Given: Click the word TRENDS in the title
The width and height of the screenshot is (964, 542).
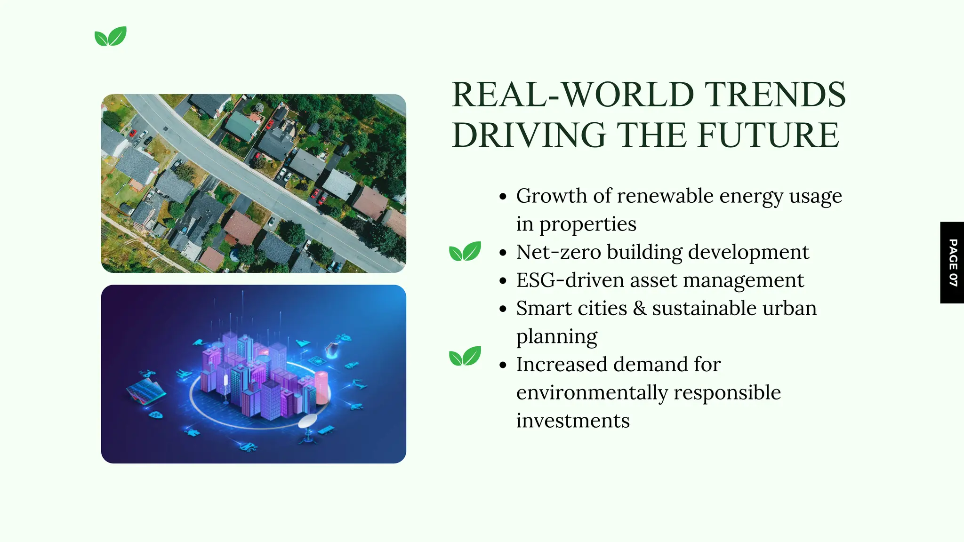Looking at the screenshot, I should pyautogui.click(x=774, y=95).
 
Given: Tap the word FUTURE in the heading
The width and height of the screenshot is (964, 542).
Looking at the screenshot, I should pyautogui.click(x=768, y=135).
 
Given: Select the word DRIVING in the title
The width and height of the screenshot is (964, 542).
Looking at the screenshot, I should pyautogui.click(x=529, y=135).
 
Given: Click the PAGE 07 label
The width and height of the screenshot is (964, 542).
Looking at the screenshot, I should pyautogui.click(x=952, y=263).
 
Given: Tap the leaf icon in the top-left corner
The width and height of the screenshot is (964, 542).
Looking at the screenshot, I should pyautogui.click(x=111, y=36).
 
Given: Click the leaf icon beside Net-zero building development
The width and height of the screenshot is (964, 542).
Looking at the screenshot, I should pyautogui.click(x=465, y=251).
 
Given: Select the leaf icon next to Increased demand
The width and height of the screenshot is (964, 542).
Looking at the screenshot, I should pyautogui.click(x=465, y=356).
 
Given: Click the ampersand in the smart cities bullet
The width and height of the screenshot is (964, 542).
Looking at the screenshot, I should pyautogui.click(x=639, y=309).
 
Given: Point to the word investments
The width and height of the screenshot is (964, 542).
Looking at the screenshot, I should pyautogui.click(x=573, y=421).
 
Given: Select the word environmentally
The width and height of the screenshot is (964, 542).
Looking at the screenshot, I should pyautogui.click(x=592, y=393).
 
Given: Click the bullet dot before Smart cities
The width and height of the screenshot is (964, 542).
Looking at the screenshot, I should pyautogui.click(x=503, y=309).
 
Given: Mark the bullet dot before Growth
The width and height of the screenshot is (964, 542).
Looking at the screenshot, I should pyautogui.click(x=503, y=197).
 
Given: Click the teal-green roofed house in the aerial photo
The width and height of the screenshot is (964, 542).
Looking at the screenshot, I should pyautogui.click(x=241, y=126).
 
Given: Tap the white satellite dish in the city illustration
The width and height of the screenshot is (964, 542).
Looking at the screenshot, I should pyautogui.click(x=308, y=421).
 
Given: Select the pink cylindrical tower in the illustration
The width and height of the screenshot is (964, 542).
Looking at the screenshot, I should pyautogui.click(x=321, y=387).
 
